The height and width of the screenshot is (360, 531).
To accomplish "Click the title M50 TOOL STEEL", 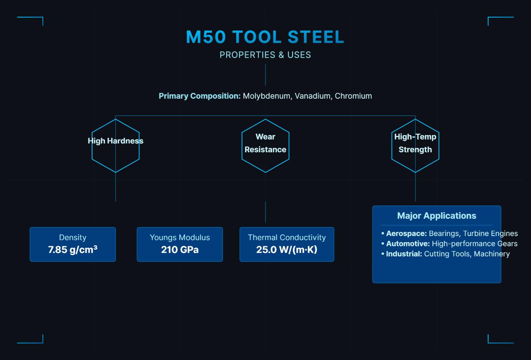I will [x=265, y=37].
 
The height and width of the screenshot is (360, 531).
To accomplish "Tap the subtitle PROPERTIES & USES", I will [x=265, y=55].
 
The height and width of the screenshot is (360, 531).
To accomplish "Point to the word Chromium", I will [x=353, y=96].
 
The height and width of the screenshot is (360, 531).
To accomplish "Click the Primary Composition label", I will [x=200, y=96].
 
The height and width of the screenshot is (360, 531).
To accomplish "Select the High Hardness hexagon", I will [x=115, y=145].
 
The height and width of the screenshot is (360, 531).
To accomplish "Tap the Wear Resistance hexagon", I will [x=265, y=145].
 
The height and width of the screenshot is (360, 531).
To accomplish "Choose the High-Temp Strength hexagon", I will [x=415, y=145].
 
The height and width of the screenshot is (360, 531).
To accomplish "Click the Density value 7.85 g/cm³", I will [x=73, y=250].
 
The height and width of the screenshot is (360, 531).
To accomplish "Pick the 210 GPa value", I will [x=180, y=250].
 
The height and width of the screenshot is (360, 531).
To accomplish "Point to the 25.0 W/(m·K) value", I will [x=287, y=250].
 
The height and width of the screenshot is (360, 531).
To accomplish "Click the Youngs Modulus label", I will [x=180, y=237].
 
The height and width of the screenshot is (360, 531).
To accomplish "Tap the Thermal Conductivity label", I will [x=287, y=237].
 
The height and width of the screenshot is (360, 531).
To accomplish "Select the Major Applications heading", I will [x=437, y=216].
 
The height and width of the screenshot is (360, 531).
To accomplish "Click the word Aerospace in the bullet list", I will [x=406, y=234].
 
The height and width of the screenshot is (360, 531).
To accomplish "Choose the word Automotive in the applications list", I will [x=408, y=244].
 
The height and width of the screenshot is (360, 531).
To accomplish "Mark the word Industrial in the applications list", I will [x=404, y=254].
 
